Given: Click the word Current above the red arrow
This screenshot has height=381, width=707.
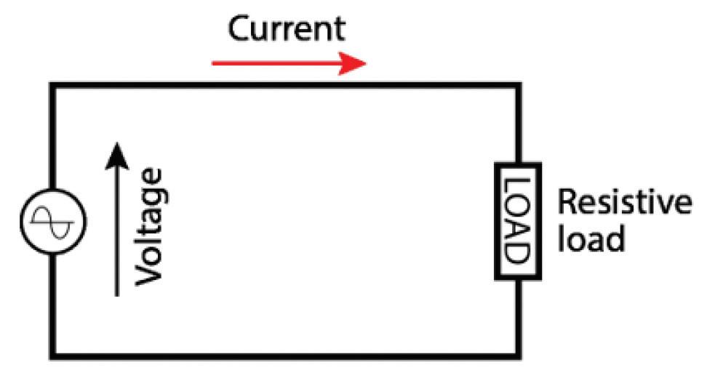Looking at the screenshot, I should click(x=287, y=29).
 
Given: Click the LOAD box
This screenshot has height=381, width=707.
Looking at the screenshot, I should click(x=517, y=221).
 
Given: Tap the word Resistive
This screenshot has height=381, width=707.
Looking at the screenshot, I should click(x=623, y=204).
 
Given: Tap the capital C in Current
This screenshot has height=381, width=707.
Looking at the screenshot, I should click(x=241, y=30).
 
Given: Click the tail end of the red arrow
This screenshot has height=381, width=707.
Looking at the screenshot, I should click(x=214, y=63).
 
